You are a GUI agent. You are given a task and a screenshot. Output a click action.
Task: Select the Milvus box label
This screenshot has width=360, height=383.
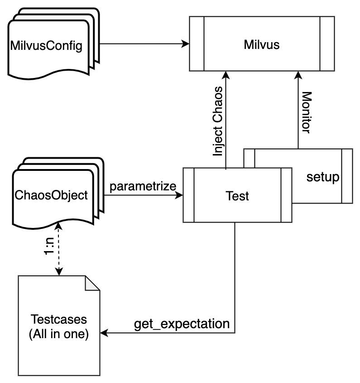pyautogui.click(x=261, y=44)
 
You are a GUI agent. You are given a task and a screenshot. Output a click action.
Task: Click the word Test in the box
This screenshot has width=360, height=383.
pyautogui.click(x=237, y=196)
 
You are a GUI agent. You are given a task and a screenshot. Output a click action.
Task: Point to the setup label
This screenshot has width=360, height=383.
pyautogui.click(x=322, y=176)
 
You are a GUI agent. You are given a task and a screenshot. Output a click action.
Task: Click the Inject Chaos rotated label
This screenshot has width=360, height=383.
pyautogui.click(x=218, y=121)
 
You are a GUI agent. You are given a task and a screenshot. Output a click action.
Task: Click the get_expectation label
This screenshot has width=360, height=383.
pyautogui.click(x=182, y=324)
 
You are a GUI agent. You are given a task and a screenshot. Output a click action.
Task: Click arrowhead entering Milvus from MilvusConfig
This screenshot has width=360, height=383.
pyautogui.click(x=185, y=44)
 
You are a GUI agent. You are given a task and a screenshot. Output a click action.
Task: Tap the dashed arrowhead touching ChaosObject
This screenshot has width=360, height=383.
pyautogui.click(x=58, y=225)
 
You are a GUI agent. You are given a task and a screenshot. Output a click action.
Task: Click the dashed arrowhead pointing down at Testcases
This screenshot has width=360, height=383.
pyautogui.click(x=58, y=271)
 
